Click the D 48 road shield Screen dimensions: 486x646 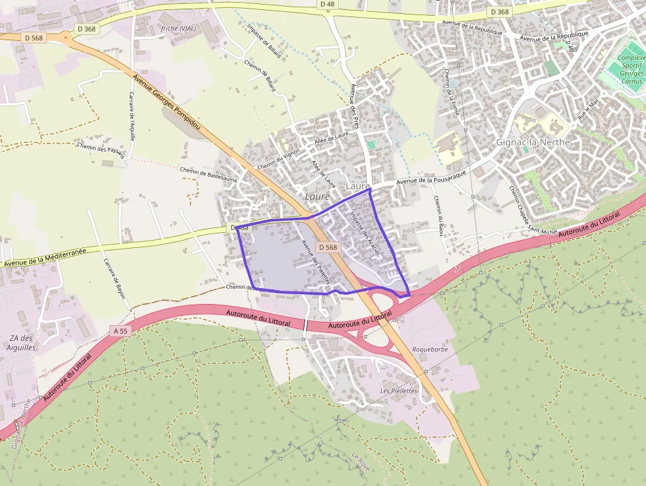327,5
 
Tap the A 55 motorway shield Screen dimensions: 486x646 119,331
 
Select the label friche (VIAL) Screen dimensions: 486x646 178,28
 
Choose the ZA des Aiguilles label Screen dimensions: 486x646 22,342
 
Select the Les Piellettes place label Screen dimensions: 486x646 399,391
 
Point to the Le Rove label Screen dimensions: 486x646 361,461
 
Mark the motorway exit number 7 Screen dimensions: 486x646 456,270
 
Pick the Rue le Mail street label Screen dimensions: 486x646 586,109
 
